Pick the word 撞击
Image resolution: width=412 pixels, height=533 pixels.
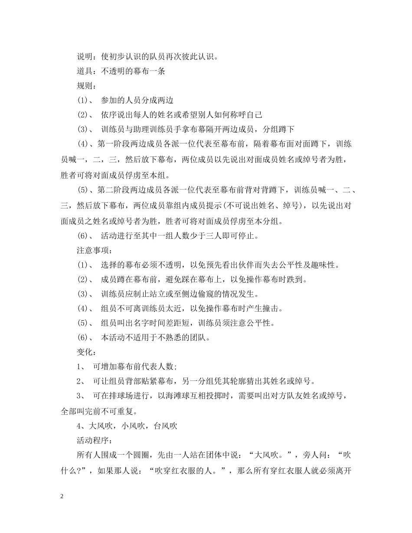tap(273, 309)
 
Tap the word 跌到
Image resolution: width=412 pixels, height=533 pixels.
tap(298, 279)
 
